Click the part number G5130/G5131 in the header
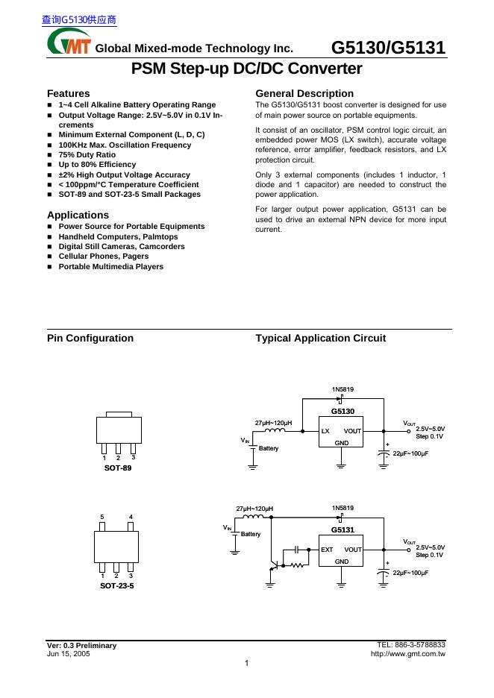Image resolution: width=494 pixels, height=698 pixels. tap(388, 48)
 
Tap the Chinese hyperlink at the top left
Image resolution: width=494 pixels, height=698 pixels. tap(78, 20)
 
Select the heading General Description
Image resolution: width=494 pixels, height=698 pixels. tap(304, 93)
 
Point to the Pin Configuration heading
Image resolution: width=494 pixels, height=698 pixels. tap(90, 338)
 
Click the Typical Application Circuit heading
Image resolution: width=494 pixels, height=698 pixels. tap(320, 338)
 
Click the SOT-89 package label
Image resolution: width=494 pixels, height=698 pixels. tap(117, 467)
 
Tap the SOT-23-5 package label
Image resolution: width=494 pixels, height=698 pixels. tap(117, 586)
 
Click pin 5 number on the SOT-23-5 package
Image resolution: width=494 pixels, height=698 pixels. tap(102, 517)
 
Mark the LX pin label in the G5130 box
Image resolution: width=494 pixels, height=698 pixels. tap(325, 431)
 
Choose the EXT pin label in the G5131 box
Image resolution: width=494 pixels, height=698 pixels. tap(327, 550)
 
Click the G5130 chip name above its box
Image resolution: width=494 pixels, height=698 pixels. tap(343, 411)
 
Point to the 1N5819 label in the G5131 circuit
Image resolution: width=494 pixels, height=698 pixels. tap(343, 508)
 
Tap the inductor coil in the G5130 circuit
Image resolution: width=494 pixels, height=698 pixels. tap(274, 430)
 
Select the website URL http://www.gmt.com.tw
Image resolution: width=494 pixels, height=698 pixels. tap(407, 654)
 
